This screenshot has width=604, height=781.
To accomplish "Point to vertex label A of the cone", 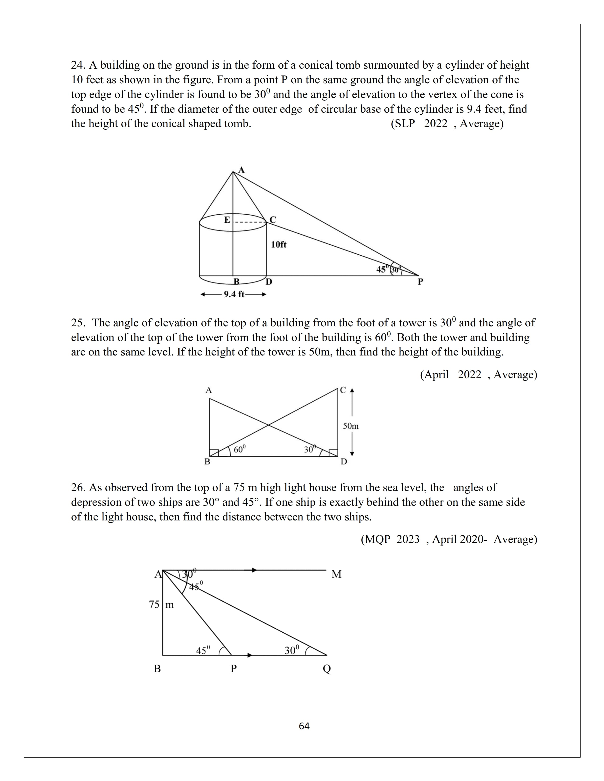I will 242,170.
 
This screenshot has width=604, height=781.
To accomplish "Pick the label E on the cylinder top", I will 227,220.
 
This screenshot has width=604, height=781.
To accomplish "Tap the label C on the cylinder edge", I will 273,220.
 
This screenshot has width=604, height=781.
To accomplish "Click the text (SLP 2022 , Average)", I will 447,124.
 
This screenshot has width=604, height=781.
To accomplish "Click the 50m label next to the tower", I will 351,426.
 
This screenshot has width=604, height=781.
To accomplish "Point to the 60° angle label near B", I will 239,449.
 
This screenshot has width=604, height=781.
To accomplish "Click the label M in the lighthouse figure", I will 336,574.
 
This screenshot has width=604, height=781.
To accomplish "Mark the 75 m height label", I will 161,605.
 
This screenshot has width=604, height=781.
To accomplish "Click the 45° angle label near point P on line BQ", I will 203,650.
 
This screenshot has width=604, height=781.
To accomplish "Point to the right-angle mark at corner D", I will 333,452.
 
